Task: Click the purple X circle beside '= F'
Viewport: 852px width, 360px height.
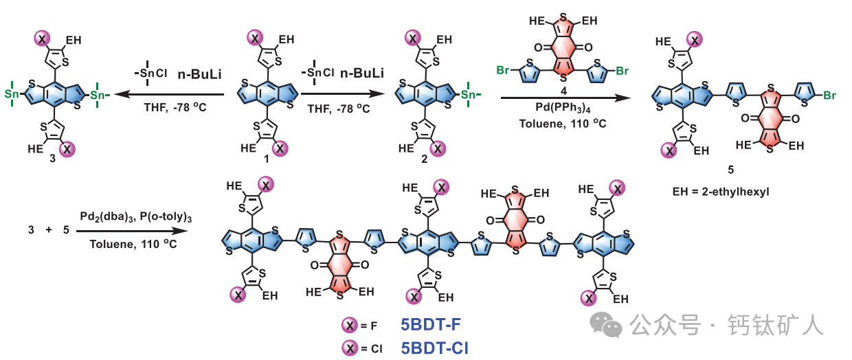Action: tap(351, 326)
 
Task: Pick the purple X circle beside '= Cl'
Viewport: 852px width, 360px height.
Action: tap(351, 348)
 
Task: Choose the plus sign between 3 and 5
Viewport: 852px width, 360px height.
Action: tap(49, 231)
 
